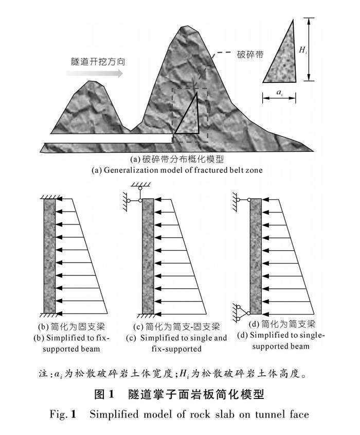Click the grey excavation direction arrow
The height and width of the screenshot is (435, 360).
95,74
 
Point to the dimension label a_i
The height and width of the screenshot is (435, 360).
279,93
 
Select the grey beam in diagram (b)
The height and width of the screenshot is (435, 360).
49,254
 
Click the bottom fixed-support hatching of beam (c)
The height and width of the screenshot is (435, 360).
148,314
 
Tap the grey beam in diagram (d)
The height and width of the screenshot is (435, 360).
256,254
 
